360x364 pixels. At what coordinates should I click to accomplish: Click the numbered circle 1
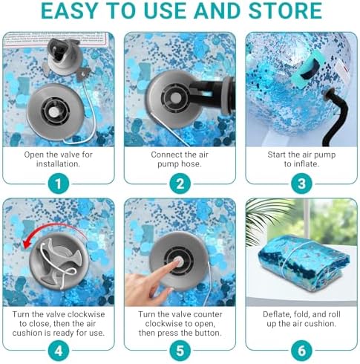point(58,183)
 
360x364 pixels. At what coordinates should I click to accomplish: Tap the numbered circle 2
point(180,183)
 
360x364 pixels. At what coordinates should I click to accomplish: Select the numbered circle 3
point(301,183)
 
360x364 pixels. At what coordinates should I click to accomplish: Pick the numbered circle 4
point(58,351)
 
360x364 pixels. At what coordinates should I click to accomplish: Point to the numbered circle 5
point(180,351)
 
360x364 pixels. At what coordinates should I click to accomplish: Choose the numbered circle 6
point(301,351)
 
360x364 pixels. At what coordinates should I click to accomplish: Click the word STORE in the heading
point(285,10)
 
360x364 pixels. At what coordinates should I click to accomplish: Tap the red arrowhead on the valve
point(26,244)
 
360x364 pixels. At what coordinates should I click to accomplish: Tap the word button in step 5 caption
point(207,333)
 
